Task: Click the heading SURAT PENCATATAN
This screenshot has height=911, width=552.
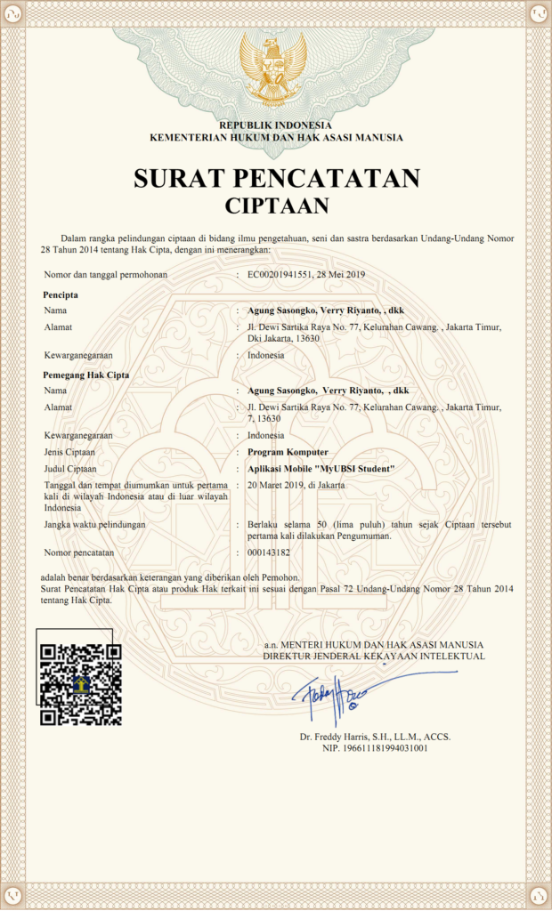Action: (276, 179)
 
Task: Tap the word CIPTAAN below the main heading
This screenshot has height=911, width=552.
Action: (276, 206)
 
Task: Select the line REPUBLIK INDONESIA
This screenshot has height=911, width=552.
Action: (276, 125)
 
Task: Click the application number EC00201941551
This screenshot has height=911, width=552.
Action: (280, 275)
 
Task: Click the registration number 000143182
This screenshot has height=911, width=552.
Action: (269, 552)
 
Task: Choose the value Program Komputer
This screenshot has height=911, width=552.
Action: (288, 452)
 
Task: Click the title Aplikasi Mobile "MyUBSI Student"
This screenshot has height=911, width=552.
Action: (321, 468)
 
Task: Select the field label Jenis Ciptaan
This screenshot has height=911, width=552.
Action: (69, 452)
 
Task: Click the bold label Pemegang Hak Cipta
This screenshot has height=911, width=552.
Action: (86, 375)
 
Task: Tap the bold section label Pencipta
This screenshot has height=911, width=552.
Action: (61, 294)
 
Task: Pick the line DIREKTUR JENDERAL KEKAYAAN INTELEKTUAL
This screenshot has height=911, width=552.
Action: (374, 656)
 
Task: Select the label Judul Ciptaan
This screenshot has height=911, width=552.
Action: (69, 468)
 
